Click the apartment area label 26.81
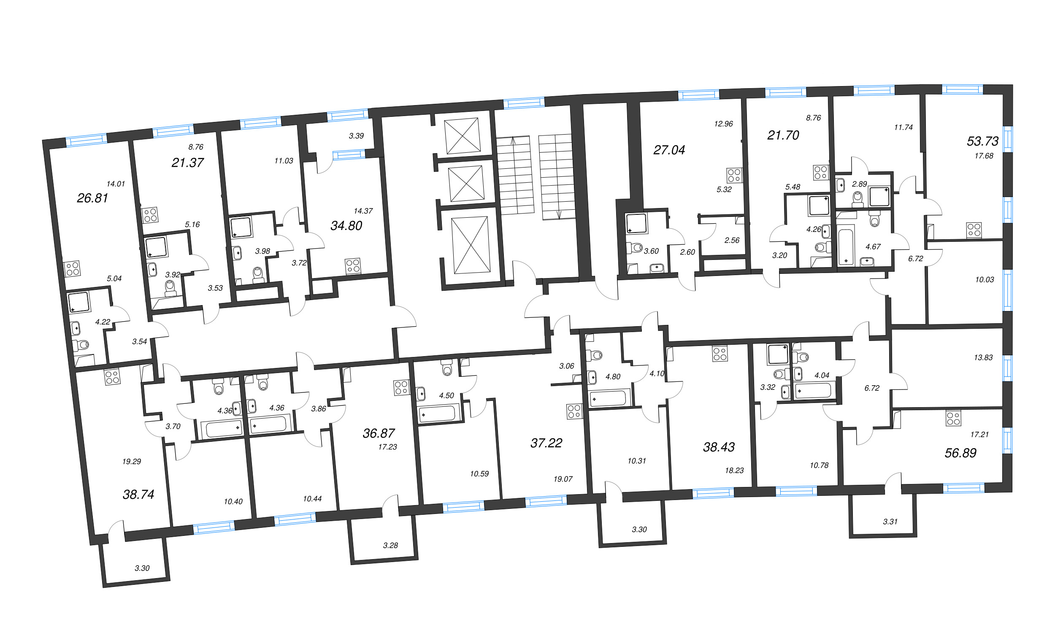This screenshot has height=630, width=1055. [x=92, y=198]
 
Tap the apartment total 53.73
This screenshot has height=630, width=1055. [x=982, y=141]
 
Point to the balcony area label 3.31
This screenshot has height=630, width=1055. [x=890, y=522]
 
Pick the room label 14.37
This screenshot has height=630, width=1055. [x=363, y=211]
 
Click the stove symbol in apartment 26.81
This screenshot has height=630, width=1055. [x=73, y=269]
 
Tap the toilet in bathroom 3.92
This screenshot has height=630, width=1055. [x=170, y=287]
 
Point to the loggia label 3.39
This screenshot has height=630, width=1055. [x=356, y=136]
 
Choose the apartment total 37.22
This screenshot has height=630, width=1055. [x=546, y=443]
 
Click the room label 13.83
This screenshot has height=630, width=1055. [x=983, y=357]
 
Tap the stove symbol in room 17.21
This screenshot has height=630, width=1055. [x=954, y=418]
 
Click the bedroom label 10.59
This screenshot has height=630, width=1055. [x=479, y=474]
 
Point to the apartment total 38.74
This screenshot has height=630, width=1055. [x=138, y=495]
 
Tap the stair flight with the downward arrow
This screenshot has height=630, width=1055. [x=557, y=177]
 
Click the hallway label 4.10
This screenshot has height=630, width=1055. [x=657, y=373]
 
